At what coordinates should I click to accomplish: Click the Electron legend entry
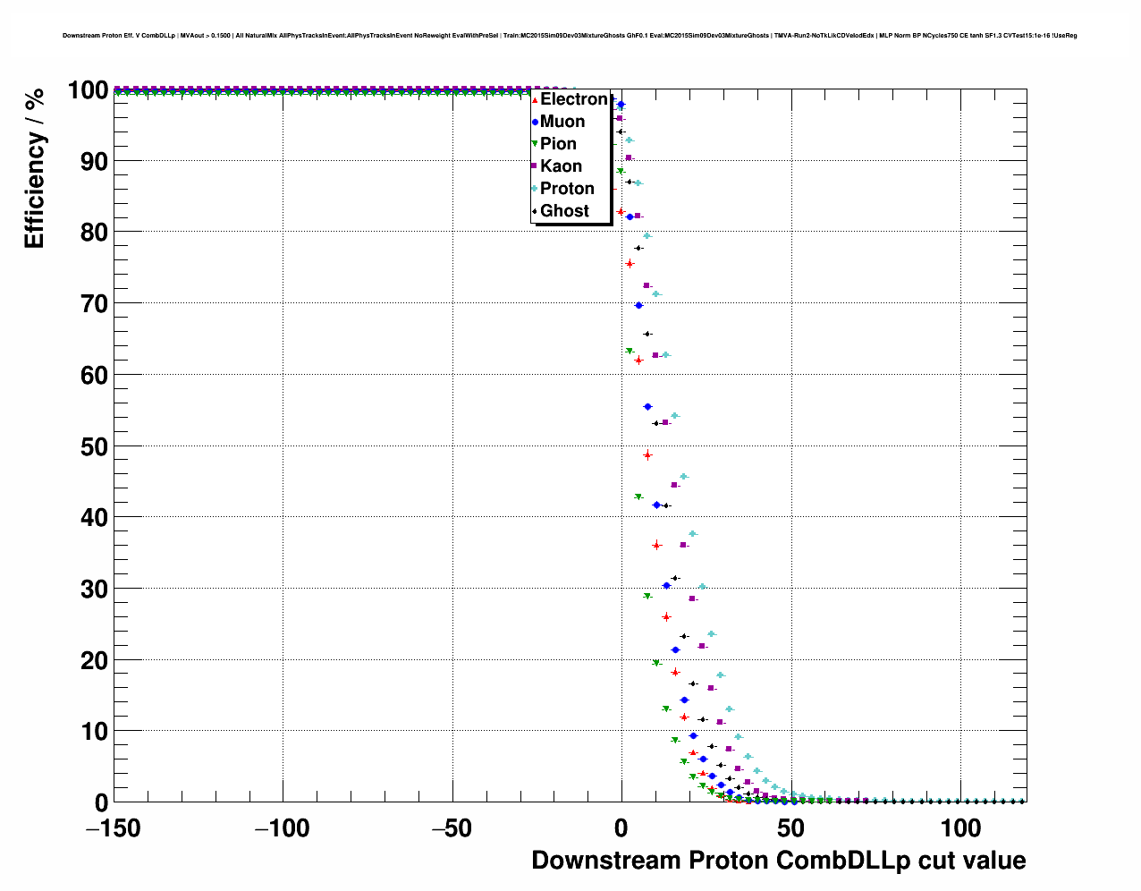pyautogui.click(x=573, y=99)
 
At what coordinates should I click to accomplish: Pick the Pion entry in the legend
pyautogui.click(x=558, y=144)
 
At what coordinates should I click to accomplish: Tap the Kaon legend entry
pyautogui.click(x=561, y=166)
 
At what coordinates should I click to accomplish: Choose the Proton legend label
pyautogui.click(x=567, y=189)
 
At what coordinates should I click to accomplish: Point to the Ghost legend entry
pyautogui.click(x=564, y=211)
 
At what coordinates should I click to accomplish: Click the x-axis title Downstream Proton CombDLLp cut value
pyautogui.click(x=778, y=861)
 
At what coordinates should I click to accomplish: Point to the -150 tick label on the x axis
pyautogui.click(x=114, y=829)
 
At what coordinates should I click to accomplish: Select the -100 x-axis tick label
pyautogui.click(x=283, y=829)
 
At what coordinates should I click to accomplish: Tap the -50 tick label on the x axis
pyautogui.click(x=452, y=829)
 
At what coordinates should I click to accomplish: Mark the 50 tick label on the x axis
pyautogui.click(x=790, y=829)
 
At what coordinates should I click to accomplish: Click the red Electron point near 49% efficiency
pyautogui.click(x=647, y=455)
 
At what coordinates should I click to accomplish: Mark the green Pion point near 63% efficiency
pyautogui.click(x=630, y=351)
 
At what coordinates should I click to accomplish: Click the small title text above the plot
pyautogui.click(x=570, y=36)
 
